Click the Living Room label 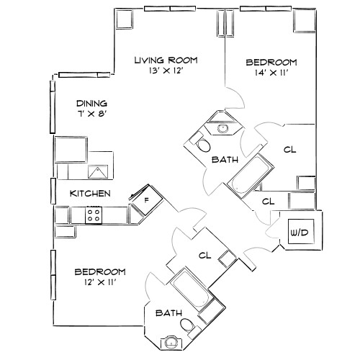click(166, 60)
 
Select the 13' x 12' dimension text click(166, 72)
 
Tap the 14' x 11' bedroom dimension click(271, 73)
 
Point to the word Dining click(91, 103)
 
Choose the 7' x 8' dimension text click(91, 115)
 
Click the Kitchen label click(89, 194)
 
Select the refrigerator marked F click(145, 199)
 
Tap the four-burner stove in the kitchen click(94, 214)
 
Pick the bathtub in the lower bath click(190, 289)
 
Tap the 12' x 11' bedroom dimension click(100, 284)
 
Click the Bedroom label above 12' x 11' click(100, 271)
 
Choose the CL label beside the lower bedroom click(204, 255)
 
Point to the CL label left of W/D click(268, 202)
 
